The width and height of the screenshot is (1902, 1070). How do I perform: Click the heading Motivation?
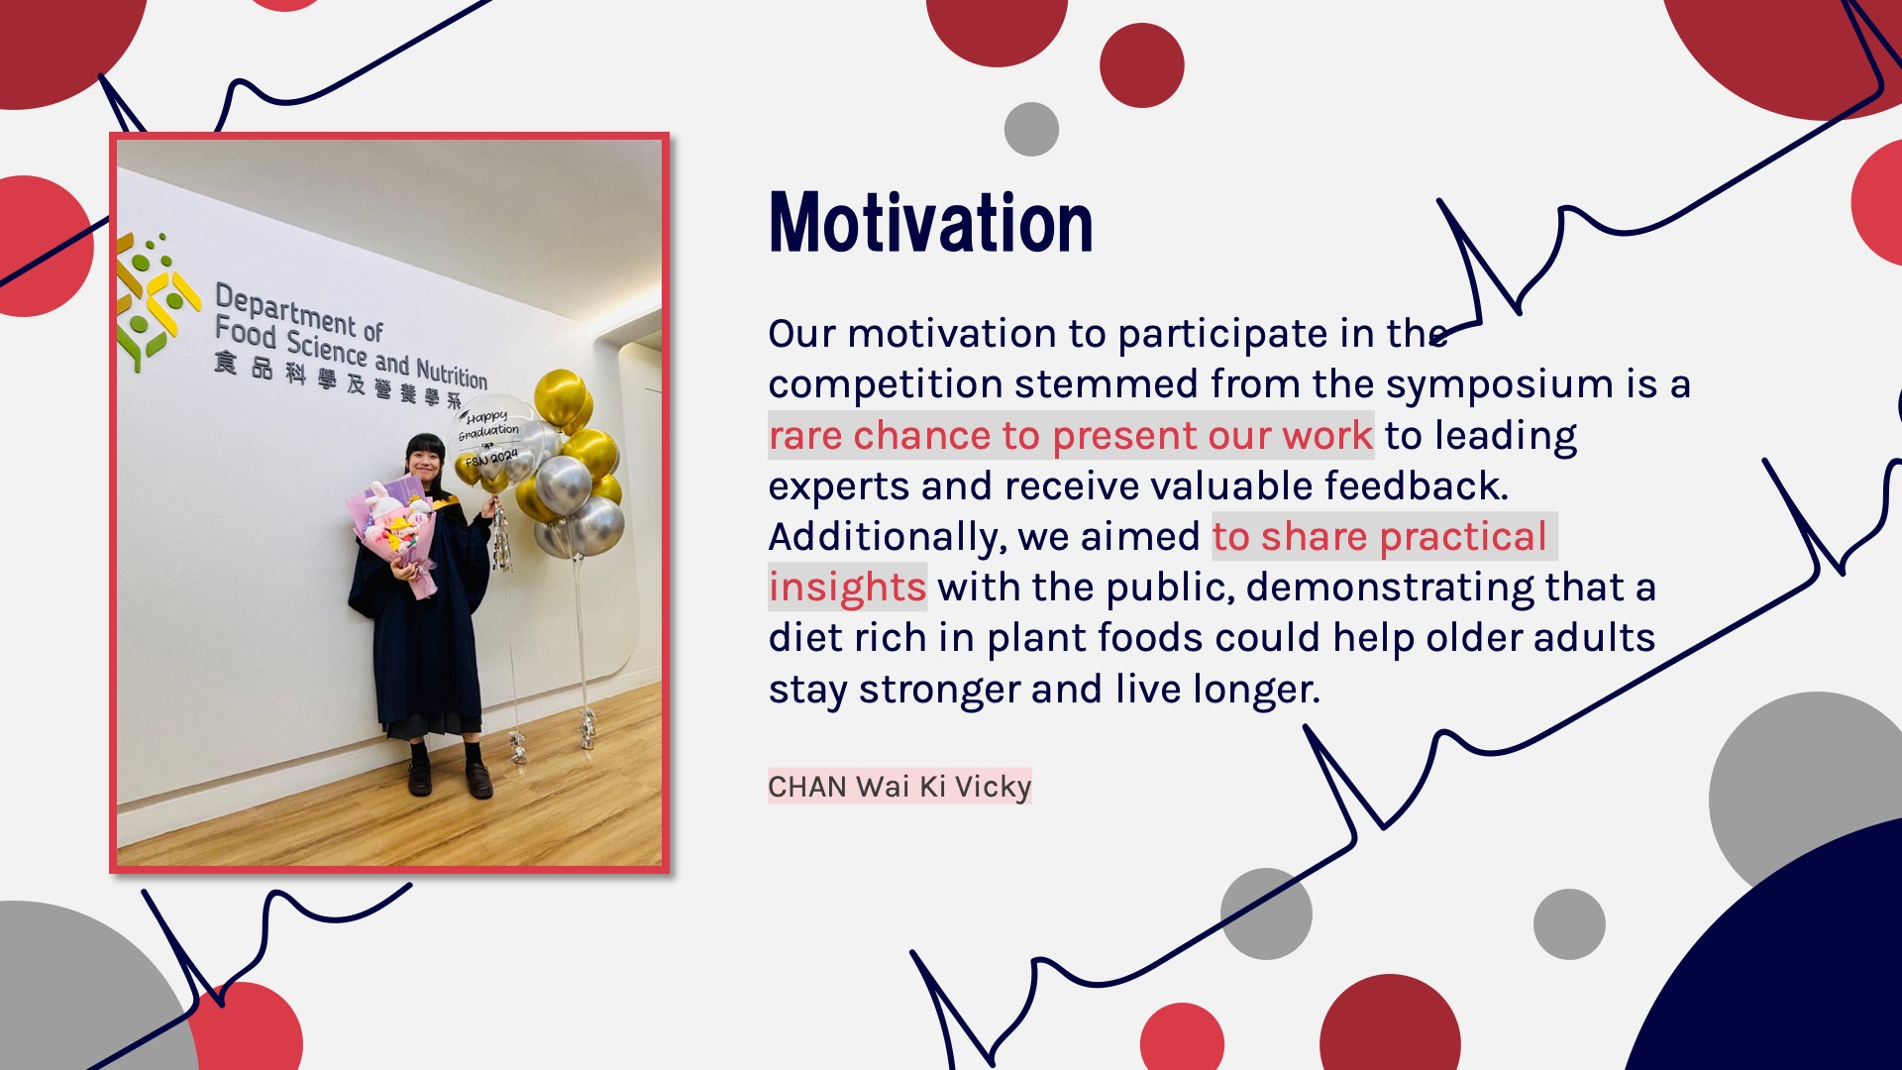tap(930, 223)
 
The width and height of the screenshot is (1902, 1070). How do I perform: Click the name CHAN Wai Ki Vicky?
tap(899, 787)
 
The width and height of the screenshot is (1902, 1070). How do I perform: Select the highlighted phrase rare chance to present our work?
tap(1071, 436)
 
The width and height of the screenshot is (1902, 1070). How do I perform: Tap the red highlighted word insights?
tap(847, 588)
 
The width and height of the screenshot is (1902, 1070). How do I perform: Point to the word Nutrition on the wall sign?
tap(452, 373)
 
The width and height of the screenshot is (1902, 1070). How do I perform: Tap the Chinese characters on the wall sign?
tap(338, 382)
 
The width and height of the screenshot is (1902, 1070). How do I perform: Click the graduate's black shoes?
tap(449, 779)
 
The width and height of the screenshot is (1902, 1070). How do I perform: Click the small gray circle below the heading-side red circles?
tap(1031, 129)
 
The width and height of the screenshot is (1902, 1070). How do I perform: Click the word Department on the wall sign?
tap(285, 308)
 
